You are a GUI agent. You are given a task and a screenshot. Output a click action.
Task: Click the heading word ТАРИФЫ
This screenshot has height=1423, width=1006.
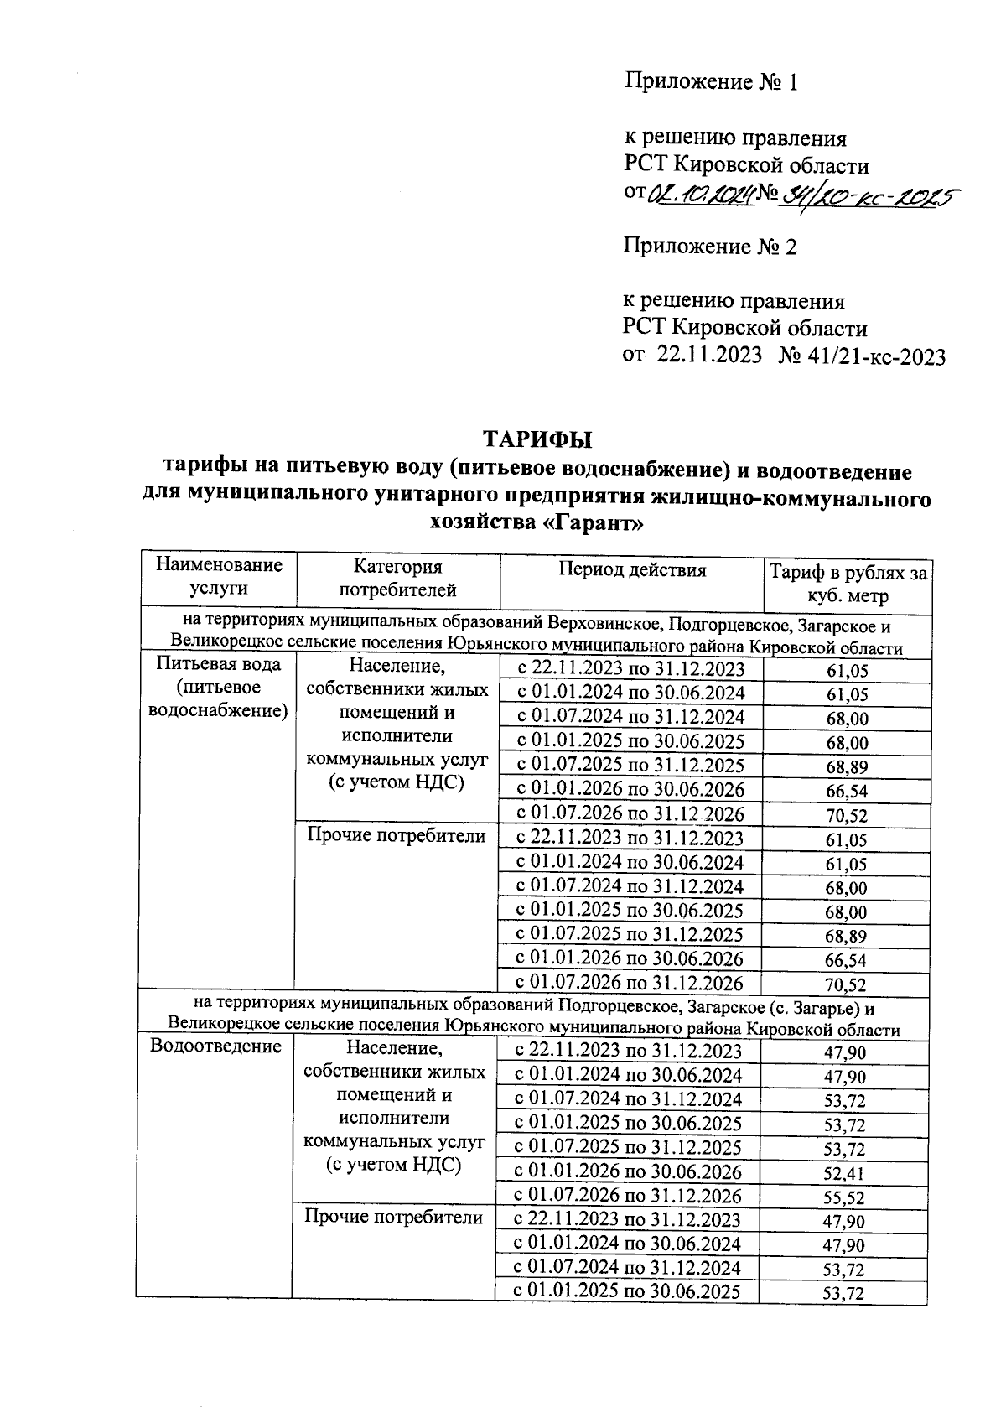(x=537, y=439)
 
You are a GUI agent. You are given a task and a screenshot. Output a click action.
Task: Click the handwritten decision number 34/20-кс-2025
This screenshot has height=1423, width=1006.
(x=869, y=195)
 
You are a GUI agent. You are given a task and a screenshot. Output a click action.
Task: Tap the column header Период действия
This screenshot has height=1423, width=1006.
(x=632, y=570)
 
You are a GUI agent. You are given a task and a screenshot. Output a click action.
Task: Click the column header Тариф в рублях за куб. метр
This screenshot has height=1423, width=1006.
(x=848, y=584)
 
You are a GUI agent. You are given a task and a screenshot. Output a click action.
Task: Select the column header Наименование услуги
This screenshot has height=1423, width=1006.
(x=219, y=576)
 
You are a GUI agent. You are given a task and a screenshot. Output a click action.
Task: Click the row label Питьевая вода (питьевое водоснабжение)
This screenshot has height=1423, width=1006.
(x=218, y=688)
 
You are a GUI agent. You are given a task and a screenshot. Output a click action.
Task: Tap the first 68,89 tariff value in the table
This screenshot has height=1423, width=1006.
(x=846, y=766)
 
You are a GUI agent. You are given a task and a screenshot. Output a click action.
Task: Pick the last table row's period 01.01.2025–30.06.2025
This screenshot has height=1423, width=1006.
(x=627, y=1291)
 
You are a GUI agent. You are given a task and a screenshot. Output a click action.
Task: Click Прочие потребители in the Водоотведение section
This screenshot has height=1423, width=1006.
(x=394, y=1217)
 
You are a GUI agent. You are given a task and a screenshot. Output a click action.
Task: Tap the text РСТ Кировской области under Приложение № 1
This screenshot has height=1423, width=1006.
(x=746, y=165)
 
